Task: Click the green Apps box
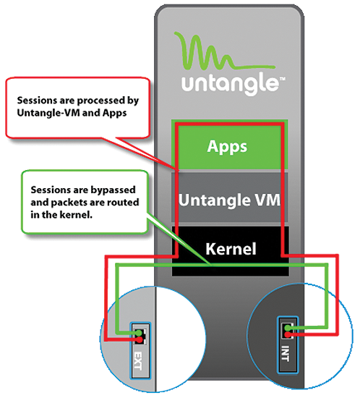pyautogui.click(x=228, y=145)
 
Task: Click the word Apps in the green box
pyautogui.click(x=228, y=145)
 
